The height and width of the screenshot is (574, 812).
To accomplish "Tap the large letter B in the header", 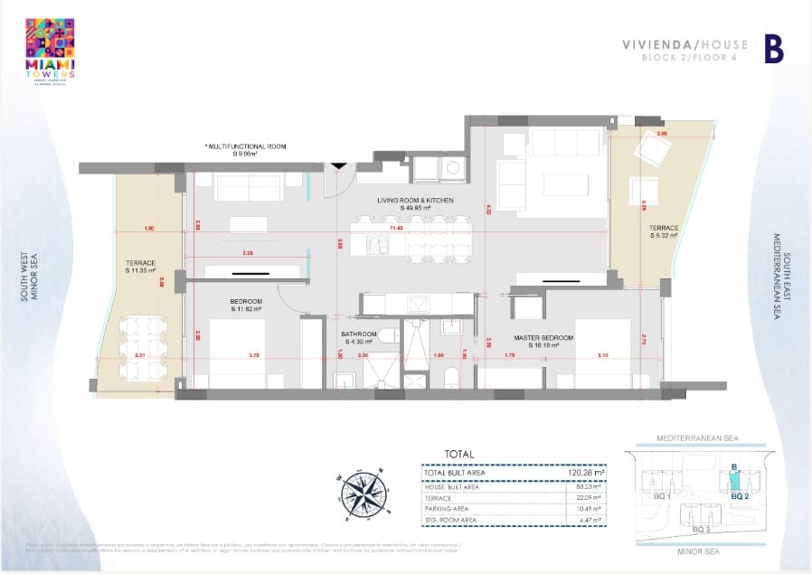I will click(x=773, y=50).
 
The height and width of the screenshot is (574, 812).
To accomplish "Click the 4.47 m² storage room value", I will click(x=591, y=520).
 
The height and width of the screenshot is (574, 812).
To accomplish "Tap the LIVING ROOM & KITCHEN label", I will click(x=415, y=203).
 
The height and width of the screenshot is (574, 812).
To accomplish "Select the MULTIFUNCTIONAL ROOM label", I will click(x=246, y=149).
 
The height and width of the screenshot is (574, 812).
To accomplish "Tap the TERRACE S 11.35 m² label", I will click(x=141, y=266).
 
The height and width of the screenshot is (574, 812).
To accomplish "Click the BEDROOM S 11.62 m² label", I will click(x=245, y=305).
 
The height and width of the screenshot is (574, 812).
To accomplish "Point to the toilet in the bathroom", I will click(x=387, y=336).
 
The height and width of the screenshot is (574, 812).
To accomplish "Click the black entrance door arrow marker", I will click(x=338, y=165).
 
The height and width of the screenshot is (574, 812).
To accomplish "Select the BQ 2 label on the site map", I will click(x=737, y=495).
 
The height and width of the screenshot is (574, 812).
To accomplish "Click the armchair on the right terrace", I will click(x=650, y=146).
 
